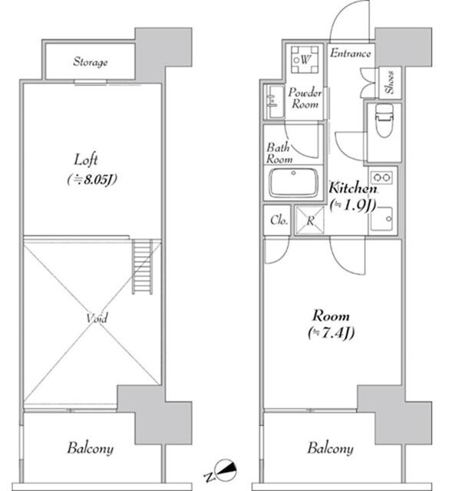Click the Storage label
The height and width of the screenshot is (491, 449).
click(91, 61)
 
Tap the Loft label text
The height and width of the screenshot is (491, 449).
click(84, 161)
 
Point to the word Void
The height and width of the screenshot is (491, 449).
click(97, 318)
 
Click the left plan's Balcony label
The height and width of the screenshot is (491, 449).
click(90, 448)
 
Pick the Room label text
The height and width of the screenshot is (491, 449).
click(331, 315)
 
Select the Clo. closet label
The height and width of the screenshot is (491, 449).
click(279, 221)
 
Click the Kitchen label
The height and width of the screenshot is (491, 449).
click(352, 188)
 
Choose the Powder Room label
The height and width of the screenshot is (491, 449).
click(303, 98)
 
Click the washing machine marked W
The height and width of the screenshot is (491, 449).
click(305, 58)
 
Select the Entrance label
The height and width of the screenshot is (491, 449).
click(351, 54)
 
